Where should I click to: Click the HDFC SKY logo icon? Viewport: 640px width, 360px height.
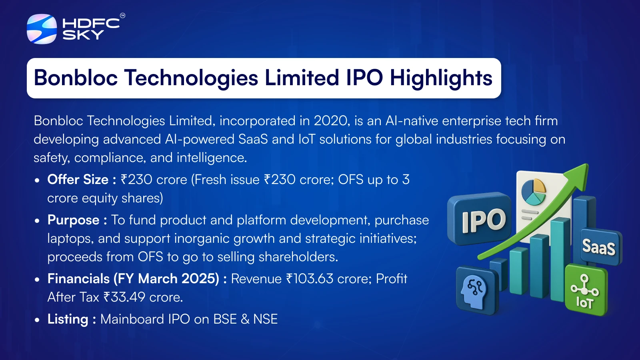tap(42, 29)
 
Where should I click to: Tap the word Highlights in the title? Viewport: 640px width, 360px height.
tap(441, 78)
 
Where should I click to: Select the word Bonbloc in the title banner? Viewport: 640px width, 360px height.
tap(76, 78)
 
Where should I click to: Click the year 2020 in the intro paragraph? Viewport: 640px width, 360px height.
tap(332, 120)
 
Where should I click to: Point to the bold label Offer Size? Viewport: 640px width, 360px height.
tap(78, 180)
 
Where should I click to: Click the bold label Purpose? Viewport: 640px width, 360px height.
tap(74, 220)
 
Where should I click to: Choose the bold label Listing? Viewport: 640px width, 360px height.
tap(68, 320)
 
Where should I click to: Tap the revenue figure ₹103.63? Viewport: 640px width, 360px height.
tap(310, 278)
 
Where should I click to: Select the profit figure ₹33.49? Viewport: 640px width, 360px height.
tap(124, 297)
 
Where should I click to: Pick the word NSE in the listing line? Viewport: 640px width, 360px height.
tap(266, 319)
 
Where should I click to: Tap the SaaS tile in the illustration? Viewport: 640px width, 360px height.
tap(600, 246)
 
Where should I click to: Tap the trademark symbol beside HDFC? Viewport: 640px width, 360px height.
tap(122, 16)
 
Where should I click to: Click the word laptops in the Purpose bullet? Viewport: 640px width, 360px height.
tap(70, 239)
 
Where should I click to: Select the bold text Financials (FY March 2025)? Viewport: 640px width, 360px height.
tap(133, 278)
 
